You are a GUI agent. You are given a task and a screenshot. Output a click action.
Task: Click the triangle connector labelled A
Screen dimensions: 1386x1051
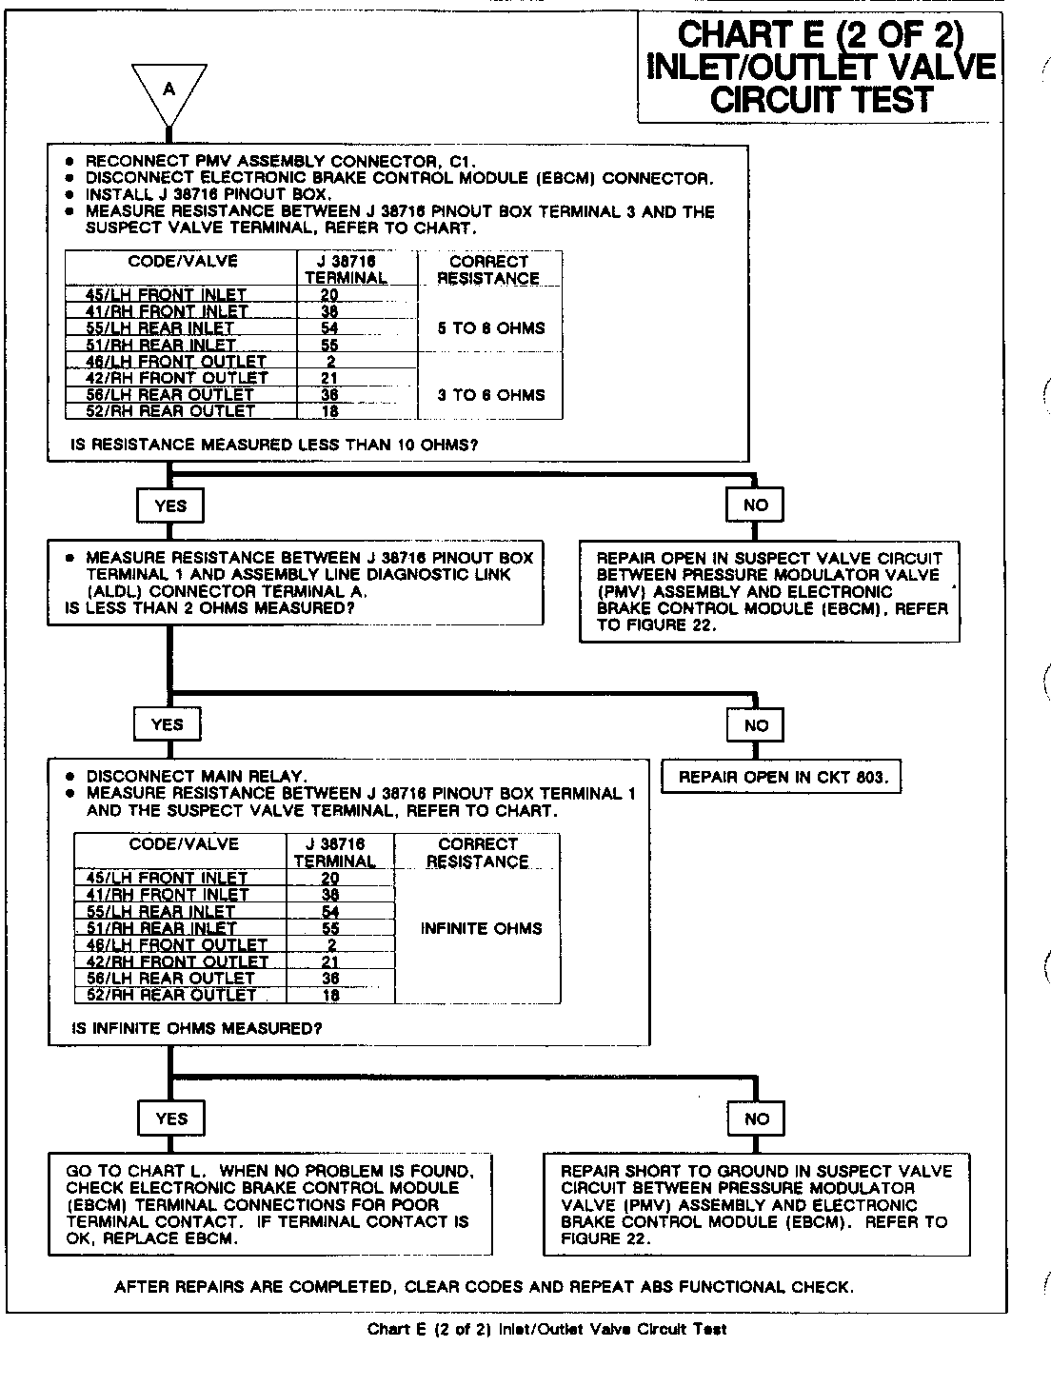click(169, 90)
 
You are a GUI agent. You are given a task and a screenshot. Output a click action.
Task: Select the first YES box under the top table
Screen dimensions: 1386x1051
click(170, 505)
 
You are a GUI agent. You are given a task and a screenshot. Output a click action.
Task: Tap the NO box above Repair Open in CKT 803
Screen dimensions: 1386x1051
click(756, 725)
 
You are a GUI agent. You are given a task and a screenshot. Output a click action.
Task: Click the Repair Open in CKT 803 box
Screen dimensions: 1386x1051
click(783, 777)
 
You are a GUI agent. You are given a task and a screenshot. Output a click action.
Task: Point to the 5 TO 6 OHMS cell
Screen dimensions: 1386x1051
click(491, 328)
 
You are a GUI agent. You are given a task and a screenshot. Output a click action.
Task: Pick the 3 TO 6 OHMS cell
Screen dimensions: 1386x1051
click(491, 395)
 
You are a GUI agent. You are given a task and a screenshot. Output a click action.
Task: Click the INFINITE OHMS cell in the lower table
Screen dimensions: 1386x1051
click(481, 928)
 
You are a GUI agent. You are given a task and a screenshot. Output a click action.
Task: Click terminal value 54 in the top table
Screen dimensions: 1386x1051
click(329, 328)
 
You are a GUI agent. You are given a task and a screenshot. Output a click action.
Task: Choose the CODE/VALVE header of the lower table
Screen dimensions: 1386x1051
click(184, 844)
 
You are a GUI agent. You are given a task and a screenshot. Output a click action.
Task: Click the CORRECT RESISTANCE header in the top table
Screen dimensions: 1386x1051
click(488, 269)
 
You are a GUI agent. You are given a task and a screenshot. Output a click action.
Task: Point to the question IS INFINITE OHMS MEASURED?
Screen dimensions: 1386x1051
click(197, 1028)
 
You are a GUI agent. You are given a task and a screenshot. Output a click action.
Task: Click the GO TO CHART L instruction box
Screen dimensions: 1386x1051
click(271, 1204)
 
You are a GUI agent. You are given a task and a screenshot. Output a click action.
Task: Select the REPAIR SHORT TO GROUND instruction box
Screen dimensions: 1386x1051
click(755, 1204)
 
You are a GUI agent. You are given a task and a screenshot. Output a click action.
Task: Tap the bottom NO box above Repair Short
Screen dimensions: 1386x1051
click(756, 1119)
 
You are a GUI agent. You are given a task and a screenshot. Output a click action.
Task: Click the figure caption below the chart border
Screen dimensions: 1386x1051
click(546, 1330)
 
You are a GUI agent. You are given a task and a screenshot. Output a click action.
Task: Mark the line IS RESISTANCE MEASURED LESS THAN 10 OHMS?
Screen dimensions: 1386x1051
click(274, 445)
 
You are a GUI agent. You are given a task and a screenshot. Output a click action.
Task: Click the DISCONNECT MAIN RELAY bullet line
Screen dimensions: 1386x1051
click(196, 776)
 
